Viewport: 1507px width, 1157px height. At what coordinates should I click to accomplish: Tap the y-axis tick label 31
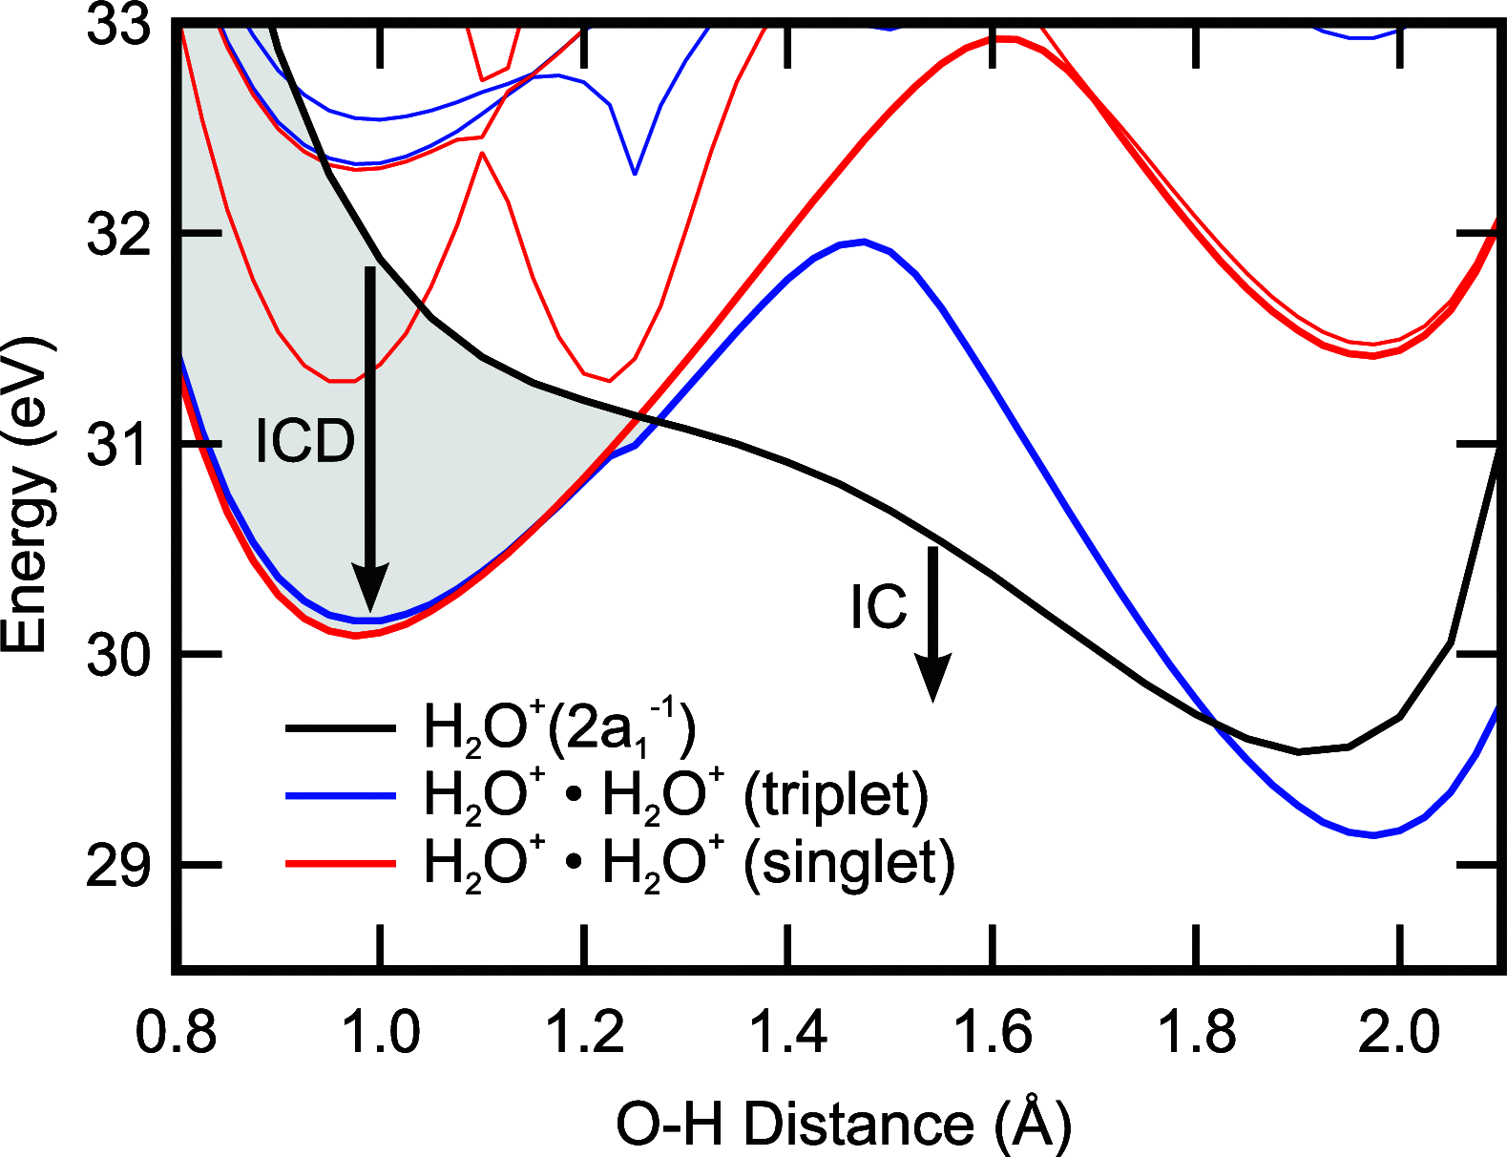pyautogui.click(x=118, y=445)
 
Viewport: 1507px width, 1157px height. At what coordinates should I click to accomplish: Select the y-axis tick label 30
pyautogui.click(x=118, y=656)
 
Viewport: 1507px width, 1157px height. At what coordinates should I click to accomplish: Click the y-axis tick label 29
pyautogui.click(x=118, y=867)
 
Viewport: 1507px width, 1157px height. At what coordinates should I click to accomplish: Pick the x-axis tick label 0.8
pyautogui.click(x=176, y=1033)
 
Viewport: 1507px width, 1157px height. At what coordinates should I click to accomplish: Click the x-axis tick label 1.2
pyautogui.click(x=584, y=1033)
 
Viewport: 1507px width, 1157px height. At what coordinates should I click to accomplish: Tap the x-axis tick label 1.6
pyautogui.click(x=993, y=1033)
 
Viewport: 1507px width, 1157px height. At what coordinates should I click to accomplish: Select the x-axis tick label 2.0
pyautogui.click(x=1399, y=1033)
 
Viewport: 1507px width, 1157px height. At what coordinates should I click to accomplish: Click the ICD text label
pyautogui.click(x=304, y=441)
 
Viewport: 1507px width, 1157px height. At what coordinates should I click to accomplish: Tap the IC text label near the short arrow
pyautogui.click(x=878, y=607)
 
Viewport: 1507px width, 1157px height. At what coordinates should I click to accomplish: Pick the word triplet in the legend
pyautogui.click(x=835, y=794)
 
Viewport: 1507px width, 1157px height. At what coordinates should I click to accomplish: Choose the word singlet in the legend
pyautogui.click(x=848, y=863)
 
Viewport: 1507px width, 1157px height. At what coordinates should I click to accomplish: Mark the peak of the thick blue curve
pyautogui.click(x=864, y=242)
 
